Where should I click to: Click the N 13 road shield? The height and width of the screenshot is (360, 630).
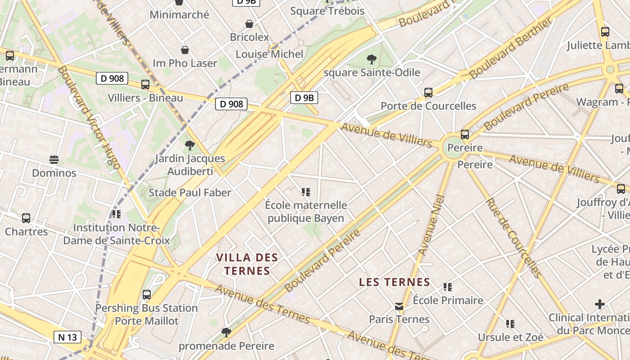67,337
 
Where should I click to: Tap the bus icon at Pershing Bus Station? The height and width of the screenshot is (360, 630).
146,295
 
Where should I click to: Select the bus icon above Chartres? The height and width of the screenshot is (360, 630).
26,218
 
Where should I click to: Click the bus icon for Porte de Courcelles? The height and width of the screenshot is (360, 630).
428,93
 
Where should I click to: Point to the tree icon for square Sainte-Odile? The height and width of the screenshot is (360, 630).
371,59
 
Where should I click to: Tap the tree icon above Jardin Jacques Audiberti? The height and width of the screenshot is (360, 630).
189,145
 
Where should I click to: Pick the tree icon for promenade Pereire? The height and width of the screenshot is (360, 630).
226,333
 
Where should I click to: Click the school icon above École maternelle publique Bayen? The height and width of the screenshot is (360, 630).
306,192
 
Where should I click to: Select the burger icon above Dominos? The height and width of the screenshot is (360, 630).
54,159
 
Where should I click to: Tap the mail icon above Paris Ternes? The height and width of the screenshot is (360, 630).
399,306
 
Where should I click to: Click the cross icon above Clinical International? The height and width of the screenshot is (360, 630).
599,304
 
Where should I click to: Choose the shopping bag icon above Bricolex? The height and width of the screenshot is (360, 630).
249,24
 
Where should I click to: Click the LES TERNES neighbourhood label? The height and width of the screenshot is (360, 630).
395,283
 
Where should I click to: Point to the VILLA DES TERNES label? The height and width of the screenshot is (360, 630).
247,264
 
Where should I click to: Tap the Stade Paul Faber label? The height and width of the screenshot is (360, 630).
190,193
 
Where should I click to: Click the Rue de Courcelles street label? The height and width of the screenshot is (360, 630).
513,238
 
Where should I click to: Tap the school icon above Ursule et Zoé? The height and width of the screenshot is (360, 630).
510,324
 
